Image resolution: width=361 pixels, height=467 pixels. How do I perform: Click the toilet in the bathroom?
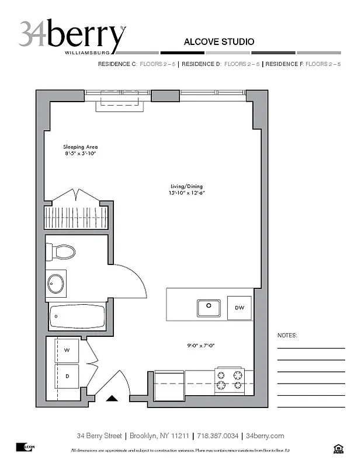(x=62, y=252)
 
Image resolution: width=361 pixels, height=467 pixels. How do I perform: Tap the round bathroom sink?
(x=56, y=284)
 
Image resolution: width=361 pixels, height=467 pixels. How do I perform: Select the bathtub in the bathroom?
(x=77, y=317)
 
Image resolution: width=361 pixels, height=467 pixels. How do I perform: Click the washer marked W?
(x=67, y=350)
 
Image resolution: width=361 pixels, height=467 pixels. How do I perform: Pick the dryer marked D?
(x=67, y=377)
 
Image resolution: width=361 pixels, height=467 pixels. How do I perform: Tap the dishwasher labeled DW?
(x=239, y=308)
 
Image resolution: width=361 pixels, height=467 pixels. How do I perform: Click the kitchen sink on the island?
(x=208, y=307)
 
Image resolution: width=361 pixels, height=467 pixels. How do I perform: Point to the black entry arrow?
(x=112, y=399)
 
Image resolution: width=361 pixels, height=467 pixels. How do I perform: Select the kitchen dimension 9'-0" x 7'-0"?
(x=201, y=346)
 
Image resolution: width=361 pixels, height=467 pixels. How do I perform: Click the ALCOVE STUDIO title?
(x=218, y=42)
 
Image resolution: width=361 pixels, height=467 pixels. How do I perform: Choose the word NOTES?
(x=286, y=336)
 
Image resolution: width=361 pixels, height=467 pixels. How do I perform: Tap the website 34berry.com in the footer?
(x=265, y=436)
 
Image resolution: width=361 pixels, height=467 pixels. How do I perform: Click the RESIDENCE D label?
(x=200, y=64)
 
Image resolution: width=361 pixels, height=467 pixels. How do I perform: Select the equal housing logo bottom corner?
(x=337, y=448)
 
